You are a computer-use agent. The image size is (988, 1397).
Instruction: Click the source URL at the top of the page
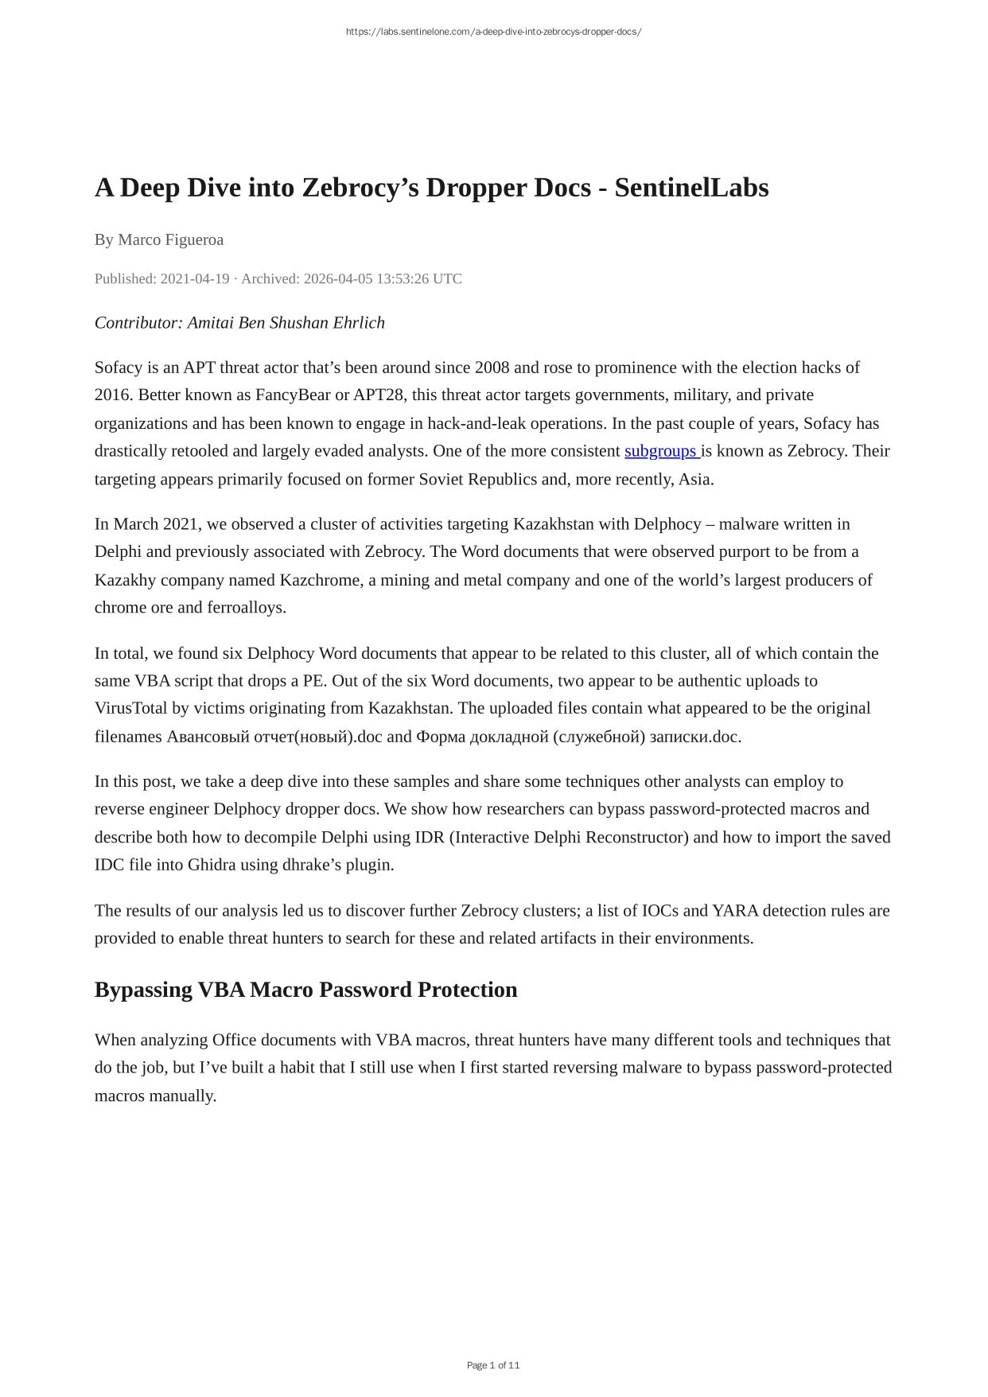[x=493, y=32]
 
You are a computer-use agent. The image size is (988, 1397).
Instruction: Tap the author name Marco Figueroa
[x=170, y=239]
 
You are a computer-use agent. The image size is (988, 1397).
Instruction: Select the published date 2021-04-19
[x=195, y=278]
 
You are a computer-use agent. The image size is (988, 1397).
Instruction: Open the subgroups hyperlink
[x=661, y=451]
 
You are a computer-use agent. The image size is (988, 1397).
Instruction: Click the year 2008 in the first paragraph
[x=492, y=368]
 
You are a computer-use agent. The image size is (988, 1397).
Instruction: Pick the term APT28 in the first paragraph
[x=378, y=395]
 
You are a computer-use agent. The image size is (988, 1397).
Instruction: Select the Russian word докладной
[x=508, y=737]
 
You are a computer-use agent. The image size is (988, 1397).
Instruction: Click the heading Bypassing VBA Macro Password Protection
[x=305, y=990]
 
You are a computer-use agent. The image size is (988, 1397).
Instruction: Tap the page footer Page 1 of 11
[x=493, y=1365]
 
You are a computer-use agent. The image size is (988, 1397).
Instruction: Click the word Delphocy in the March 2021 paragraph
[x=667, y=524]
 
